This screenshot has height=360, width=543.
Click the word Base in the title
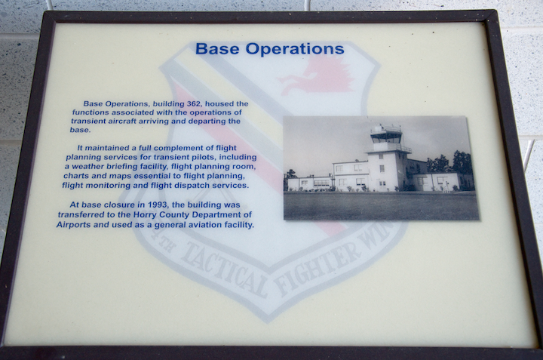(217, 48)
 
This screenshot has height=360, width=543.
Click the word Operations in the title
(295, 49)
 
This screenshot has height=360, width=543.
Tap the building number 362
(194, 103)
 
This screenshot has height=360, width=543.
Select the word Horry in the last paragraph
(144, 215)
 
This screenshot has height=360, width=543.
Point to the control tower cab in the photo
(386, 135)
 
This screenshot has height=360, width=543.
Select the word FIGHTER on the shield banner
(318, 267)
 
